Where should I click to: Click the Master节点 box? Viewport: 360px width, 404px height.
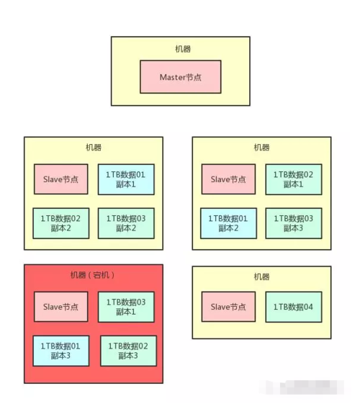180,76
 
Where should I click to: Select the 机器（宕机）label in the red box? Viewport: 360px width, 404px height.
92,275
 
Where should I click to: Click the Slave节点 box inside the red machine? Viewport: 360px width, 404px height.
61,307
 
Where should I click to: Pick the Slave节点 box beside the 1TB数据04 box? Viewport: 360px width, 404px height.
229,307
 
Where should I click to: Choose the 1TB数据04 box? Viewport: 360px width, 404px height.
293,307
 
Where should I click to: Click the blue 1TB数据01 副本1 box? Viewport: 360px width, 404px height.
125,179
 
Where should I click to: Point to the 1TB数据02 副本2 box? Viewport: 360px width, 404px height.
61,223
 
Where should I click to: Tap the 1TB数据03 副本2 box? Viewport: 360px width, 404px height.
125,223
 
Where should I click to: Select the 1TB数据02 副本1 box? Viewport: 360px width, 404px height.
293,179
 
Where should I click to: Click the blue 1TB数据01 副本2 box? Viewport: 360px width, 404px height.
229,223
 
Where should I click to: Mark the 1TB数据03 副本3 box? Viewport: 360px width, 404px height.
293,223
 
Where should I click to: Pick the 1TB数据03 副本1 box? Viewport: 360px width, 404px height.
125,307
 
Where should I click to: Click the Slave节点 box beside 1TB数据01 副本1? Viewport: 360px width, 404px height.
61,179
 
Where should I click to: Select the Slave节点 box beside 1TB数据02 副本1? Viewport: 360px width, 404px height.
229,179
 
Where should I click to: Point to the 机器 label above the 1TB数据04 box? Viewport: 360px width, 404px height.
261,277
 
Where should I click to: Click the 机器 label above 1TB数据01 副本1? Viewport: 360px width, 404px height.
94,148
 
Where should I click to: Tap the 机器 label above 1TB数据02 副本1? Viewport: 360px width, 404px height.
261,148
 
